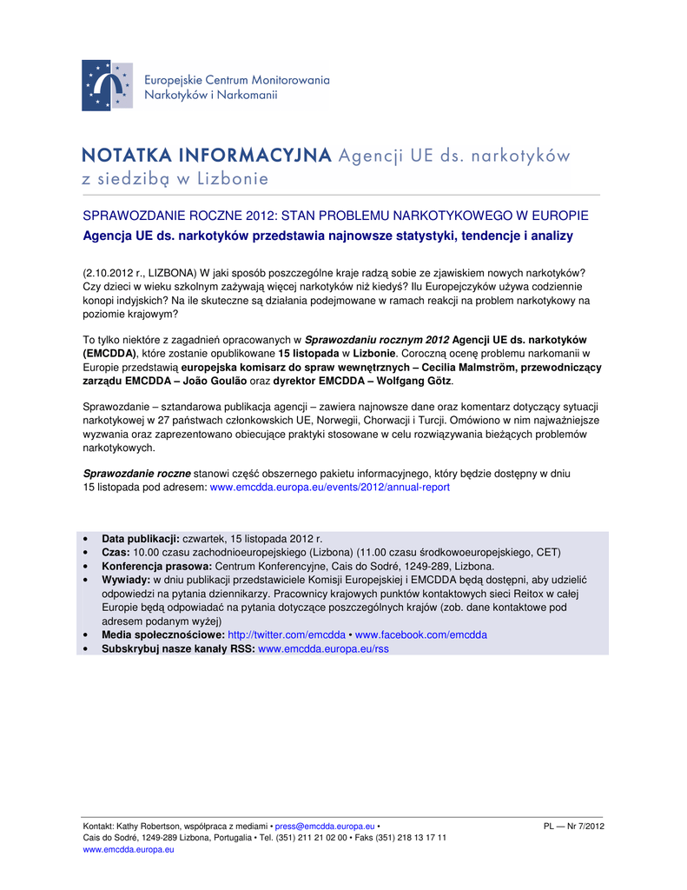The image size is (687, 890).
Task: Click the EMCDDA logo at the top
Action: tap(107, 85)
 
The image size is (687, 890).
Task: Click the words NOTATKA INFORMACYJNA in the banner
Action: tap(207, 156)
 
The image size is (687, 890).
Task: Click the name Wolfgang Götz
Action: tap(411, 382)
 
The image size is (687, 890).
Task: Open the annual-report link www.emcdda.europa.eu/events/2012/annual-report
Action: tap(330, 488)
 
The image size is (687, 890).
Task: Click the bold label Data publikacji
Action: tap(141, 539)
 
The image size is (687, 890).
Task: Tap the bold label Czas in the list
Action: tap(116, 552)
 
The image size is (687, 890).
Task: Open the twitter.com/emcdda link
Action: tap(287, 634)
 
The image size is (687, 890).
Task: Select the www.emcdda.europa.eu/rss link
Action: tap(324, 648)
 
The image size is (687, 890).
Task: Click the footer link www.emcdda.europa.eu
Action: tap(129, 850)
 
